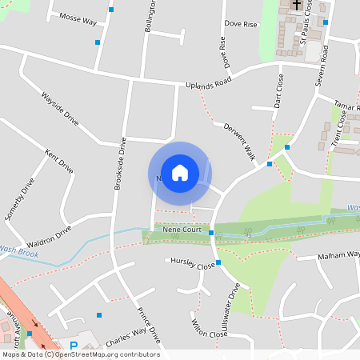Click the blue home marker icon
(180, 172)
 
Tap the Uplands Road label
(208, 82)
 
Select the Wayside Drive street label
(60, 108)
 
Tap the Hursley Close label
(190, 263)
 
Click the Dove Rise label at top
(241, 25)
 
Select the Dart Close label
(278, 91)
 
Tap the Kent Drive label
(59, 161)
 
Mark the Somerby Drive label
(20, 199)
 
